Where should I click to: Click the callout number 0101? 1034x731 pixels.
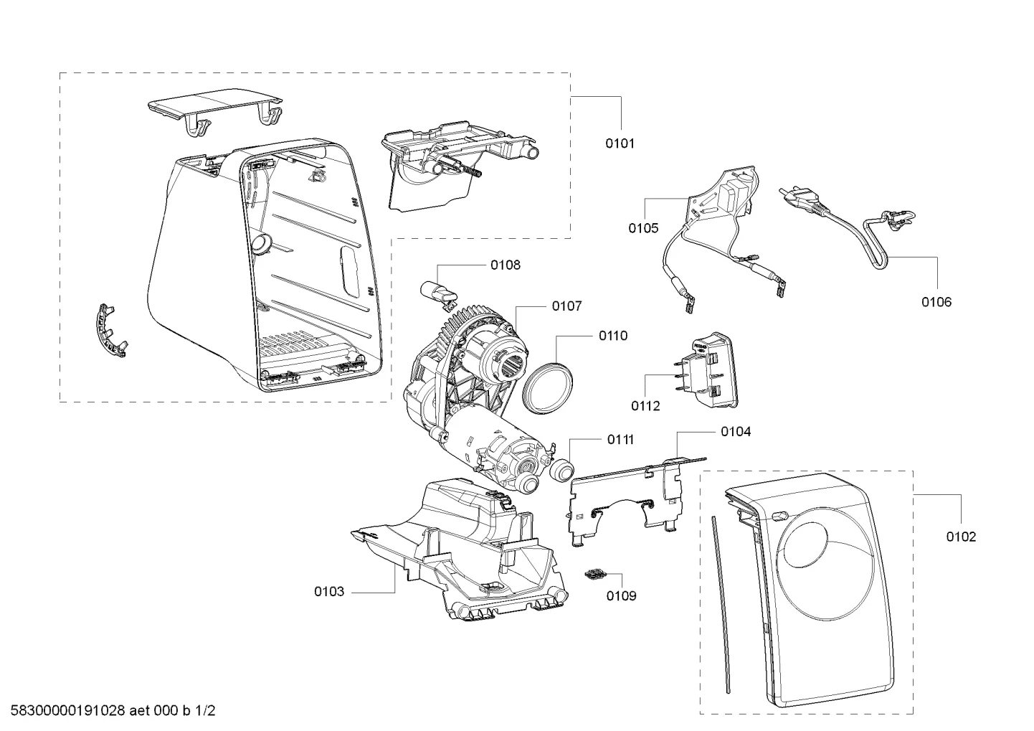coord(620,143)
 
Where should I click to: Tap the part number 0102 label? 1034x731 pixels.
coord(961,537)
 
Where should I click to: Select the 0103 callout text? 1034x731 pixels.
coord(329,592)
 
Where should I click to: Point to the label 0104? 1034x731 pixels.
coord(736,432)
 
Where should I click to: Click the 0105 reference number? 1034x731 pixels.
coord(643,228)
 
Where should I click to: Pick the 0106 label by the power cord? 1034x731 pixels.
coord(936,302)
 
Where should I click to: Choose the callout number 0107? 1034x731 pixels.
coord(567,306)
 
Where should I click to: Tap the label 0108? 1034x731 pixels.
coord(506,265)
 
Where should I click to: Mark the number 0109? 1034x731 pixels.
coord(621,596)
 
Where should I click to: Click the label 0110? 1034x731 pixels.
coord(613,336)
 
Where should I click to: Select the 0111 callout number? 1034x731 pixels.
coord(620,440)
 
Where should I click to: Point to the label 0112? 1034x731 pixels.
coord(645,406)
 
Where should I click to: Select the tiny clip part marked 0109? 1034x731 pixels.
coord(594,573)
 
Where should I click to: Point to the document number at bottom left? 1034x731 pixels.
coord(113,711)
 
